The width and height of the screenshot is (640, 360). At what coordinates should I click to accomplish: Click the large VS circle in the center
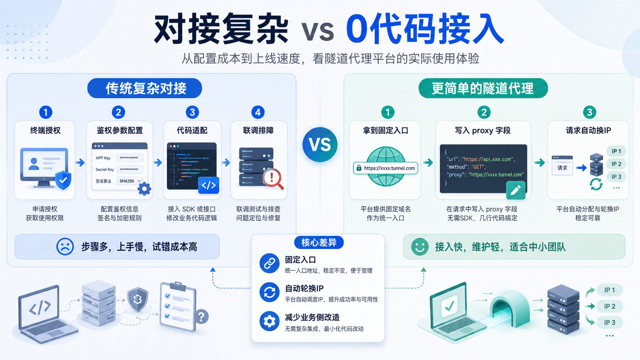[320, 145]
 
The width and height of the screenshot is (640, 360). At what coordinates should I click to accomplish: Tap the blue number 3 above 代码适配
[192, 112]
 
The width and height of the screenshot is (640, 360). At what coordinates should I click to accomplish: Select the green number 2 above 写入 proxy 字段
[484, 112]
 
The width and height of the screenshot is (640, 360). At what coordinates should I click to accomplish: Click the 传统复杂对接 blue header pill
[145, 88]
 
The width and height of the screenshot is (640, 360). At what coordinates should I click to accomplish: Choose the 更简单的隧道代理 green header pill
[483, 88]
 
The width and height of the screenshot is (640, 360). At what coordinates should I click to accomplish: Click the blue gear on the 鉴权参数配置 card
[144, 189]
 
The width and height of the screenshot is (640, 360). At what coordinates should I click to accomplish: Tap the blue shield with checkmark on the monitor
[63, 180]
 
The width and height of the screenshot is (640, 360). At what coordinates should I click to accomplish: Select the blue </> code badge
[209, 185]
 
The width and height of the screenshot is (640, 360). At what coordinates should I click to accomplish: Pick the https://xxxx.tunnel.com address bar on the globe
[386, 168]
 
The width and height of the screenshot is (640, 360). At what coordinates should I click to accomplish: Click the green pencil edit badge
[516, 190]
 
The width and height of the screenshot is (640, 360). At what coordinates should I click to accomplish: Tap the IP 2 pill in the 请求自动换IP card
[616, 164]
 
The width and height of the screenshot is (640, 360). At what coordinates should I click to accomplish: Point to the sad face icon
[65, 246]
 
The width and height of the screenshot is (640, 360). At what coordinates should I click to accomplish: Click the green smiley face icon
[420, 247]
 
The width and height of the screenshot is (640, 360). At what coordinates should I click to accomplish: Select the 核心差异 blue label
[319, 243]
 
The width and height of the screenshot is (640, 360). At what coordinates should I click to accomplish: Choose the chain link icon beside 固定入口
[269, 263]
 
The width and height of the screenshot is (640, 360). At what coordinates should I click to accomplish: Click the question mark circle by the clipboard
[201, 317]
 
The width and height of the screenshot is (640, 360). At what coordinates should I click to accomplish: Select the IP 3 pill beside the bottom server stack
[609, 323]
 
